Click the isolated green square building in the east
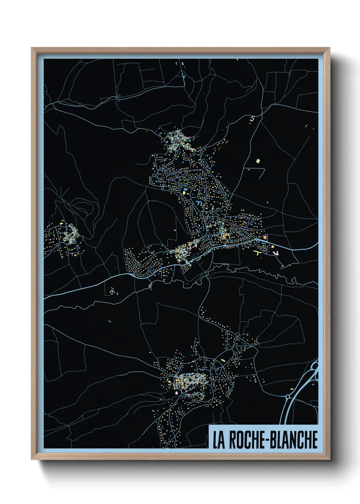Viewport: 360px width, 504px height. pyautogui.click(x=258, y=160)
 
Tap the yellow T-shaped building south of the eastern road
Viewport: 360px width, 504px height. pyautogui.click(x=258, y=253)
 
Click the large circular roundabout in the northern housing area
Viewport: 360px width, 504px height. pyautogui.click(x=177, y=179)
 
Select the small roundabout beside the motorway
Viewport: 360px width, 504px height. pyautogui.click(x=288, y=396)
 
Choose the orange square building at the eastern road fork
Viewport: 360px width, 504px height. pyautogui.click(x=265, y=237)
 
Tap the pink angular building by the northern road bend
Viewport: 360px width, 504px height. pyautogui.click(x=252, y=119)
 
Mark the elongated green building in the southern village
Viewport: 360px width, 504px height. pyautogui.click(x=223, y=360)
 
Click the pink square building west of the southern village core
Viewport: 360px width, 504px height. pyautogui.click(x=177, y=393)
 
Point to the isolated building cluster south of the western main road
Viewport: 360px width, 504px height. pyautogui.click(x=113, y=291)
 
